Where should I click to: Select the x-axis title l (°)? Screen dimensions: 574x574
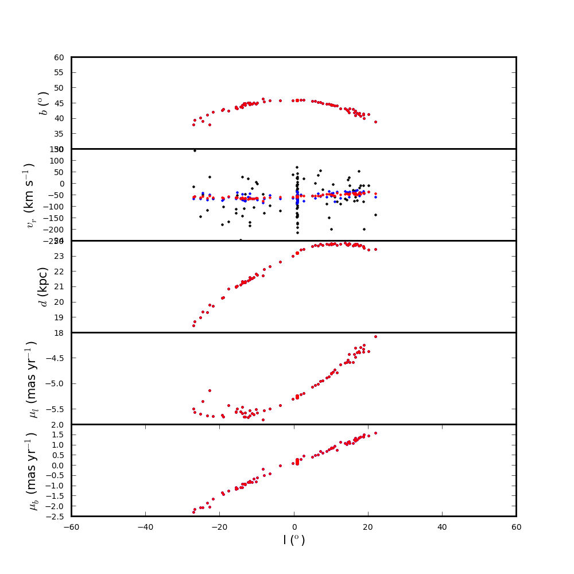click(294, 540)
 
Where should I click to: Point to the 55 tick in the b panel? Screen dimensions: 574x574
click(59, 72)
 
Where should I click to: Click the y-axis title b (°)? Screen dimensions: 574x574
click(44, 103)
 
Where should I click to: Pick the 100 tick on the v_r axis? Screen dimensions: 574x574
click(57, 161)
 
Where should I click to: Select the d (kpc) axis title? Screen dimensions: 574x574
click(44, 286)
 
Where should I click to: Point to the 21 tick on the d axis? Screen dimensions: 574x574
click(59, 286)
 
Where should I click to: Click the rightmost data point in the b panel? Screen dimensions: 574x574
click(375, 122)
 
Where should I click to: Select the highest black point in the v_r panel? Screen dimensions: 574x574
click(195, 150)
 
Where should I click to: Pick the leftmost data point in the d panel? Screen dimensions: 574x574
click(193, 325)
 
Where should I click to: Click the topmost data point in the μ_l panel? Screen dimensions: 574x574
click(375, 336)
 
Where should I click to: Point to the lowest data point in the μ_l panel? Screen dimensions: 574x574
click(263, 420)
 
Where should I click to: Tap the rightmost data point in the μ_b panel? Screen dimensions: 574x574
click(375, 433)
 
